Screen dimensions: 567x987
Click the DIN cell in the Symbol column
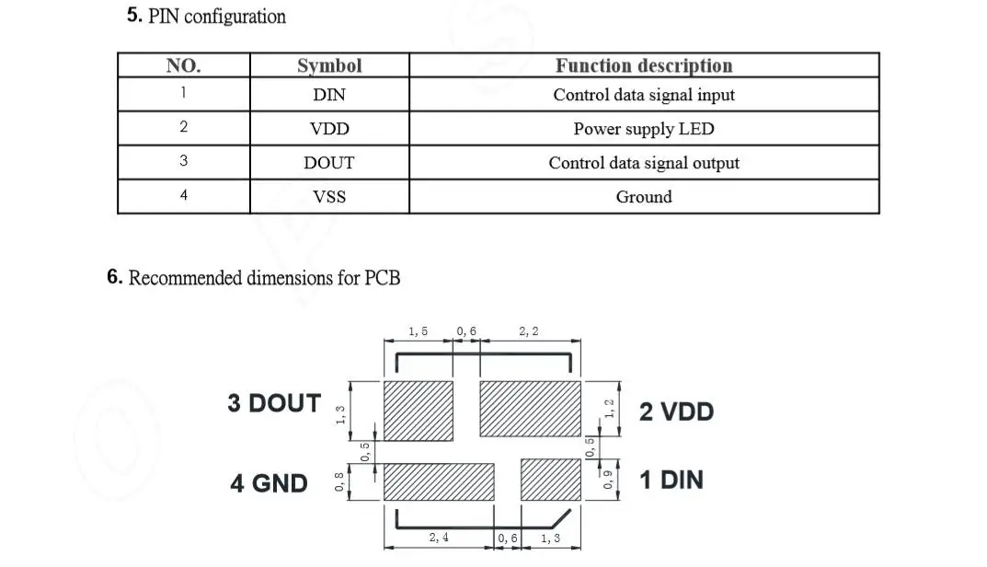[329, 95]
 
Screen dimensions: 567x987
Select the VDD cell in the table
[329, 129]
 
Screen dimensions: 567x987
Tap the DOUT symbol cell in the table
[329, 163]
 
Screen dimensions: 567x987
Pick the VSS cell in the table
[329, 197]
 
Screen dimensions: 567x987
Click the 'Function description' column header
[644, 65]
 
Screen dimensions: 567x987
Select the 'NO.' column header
[183, 65]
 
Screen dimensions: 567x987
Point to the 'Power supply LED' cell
[644, 129]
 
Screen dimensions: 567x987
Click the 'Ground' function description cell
[644, 197]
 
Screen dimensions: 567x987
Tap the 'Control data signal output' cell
[644, 163]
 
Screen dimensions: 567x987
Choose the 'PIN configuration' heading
[206, 17]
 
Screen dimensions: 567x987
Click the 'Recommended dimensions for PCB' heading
[254, 277]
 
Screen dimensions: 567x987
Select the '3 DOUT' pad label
[274, 403]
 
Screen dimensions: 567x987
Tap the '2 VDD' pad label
[676, 411]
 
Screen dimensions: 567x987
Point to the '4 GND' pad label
[269, 482]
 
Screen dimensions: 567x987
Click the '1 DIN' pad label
[671, 480]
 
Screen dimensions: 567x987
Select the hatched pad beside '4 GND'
[438, 481]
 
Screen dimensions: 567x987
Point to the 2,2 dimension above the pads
[529, 331]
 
